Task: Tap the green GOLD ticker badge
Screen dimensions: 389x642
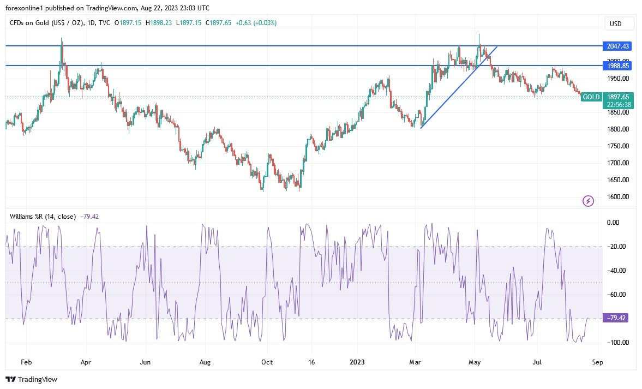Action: click(591, 97)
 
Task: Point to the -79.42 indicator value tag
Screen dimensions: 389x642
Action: click(615, 318)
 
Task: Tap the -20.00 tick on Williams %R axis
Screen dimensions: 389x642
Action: click(617, 247)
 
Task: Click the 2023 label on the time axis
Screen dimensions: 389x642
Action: click(358, 362)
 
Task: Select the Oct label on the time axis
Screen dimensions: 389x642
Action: click(267, 362)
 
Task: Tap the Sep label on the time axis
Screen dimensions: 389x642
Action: click(597, 362)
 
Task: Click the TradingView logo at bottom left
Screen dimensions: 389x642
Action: click(32, 379)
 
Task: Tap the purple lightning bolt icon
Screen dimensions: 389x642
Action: click(588, 201)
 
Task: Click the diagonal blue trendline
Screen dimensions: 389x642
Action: click(458, 88)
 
